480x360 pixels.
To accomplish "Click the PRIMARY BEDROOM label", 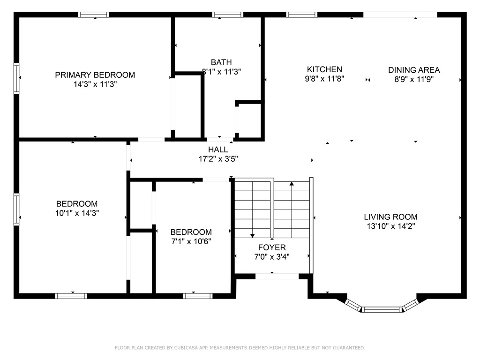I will [x=95, y=75].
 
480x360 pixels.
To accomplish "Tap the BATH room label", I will [x=221, y=62].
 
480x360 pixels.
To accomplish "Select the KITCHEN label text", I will [x=324, y=69].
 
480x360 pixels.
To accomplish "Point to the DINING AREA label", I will [x=414, y=70].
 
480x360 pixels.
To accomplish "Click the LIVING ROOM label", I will [x=390, y=217].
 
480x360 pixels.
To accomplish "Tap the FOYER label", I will [x=271, y=247].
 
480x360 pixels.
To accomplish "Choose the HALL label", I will [x=218, y=150].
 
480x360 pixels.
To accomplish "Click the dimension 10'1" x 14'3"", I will [x=77, y=213].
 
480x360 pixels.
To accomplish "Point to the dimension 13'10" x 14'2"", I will [x=390, y=226].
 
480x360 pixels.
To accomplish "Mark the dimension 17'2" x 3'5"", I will [x=218, y=159].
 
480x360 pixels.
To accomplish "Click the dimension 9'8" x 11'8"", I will [x=324, y=79].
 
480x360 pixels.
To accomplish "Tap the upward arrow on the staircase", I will [x=292, y=184].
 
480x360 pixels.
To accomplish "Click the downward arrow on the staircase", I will [x=252, y=235].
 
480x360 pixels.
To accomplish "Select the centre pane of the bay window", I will [x=382, y=309].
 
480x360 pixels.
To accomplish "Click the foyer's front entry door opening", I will [x=277, y=276].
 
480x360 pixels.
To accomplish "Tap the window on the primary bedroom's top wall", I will [x=94, y=15].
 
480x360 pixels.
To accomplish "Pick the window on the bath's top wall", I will [x=228, y=15].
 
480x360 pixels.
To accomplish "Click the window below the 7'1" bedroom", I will [x=197, y=296].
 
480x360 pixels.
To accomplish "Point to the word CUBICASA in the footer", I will [x=183, y=348].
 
